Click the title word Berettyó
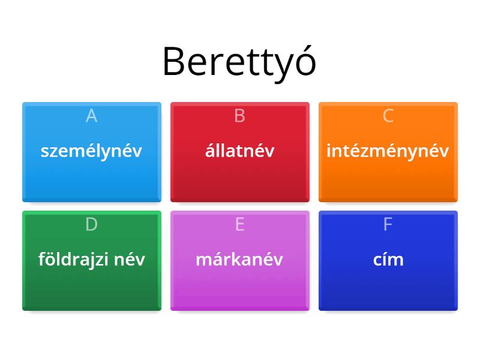coord(239,62)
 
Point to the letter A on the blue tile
coord(91,116)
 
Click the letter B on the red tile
coord(239,116)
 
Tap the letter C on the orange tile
coord(388,116)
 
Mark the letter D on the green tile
coord(91,224)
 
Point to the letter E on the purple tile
coord(239,224)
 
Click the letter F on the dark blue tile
coord(388,224)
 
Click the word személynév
coord(91,151)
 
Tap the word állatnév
coord(239,151)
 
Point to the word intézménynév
coord(388,151)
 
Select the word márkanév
coord(239,260)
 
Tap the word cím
coord(388,260)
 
